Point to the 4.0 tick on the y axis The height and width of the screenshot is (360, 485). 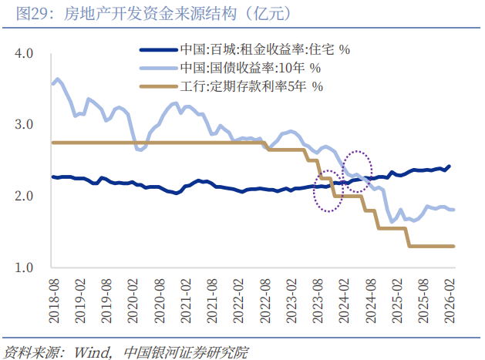pyautogui.click(x=24, y=53)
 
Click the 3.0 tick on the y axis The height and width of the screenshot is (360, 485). pyautogui.click(x=24, y=125)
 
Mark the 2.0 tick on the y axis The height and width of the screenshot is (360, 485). pyautogui.click(x=24, y=197)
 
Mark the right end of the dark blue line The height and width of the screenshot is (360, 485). pyautogui.click(x=450, y=166)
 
